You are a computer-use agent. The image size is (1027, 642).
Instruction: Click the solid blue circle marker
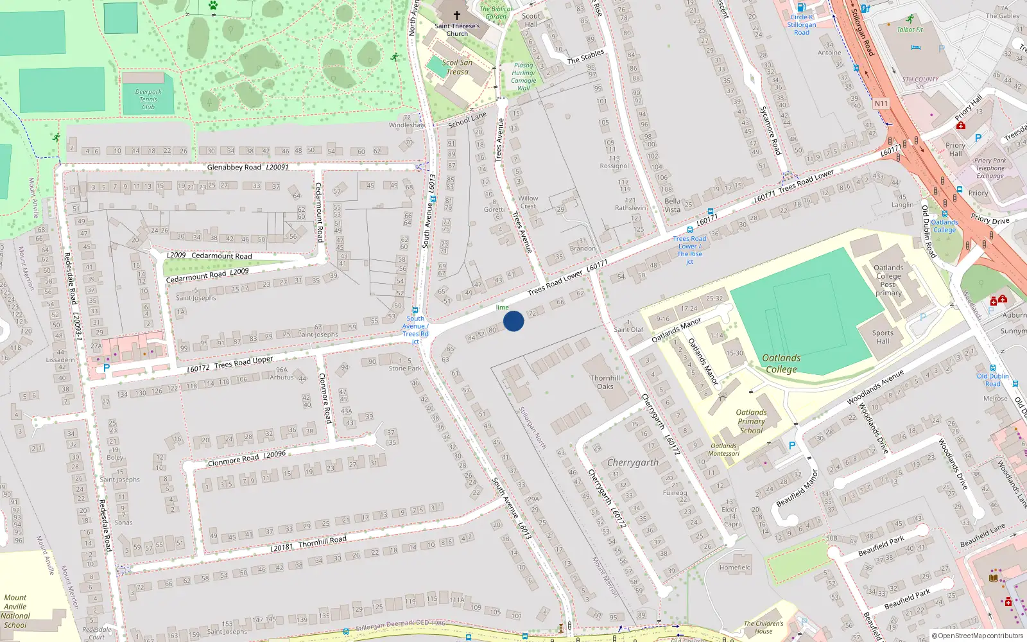[x=513, y=320]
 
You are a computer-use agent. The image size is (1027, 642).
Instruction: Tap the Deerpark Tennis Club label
[x=148, y=100]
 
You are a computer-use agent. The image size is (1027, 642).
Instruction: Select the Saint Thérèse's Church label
[x=457, y=30]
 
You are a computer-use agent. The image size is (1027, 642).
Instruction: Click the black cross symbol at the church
[x=457, y=15]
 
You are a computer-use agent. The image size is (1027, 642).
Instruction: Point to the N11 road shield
[x=881, y=103]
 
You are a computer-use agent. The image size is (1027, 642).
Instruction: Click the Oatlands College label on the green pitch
[x=781, y=363]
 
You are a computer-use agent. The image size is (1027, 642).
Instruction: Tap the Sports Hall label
[x=883, y=337]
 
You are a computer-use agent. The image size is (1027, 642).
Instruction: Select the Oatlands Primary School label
[x=751, y=422]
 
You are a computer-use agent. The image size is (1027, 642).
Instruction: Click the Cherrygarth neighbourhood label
[x=633, y=462]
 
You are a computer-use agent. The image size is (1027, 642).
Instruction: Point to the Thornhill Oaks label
[x=605, y=382]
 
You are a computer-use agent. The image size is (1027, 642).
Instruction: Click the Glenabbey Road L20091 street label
[x=248, y=168]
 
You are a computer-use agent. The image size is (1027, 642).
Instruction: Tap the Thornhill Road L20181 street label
[x=308, y=544]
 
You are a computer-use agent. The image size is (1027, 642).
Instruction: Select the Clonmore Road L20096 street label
[x=246, y=459]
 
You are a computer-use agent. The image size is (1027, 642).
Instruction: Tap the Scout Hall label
[x=531, y=21]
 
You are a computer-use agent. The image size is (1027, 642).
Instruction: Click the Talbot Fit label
[x=910, y=30]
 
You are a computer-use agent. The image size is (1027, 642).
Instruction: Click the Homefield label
[x=735, y=568]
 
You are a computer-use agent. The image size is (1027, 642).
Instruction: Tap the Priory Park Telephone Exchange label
[x=990, y=168]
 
